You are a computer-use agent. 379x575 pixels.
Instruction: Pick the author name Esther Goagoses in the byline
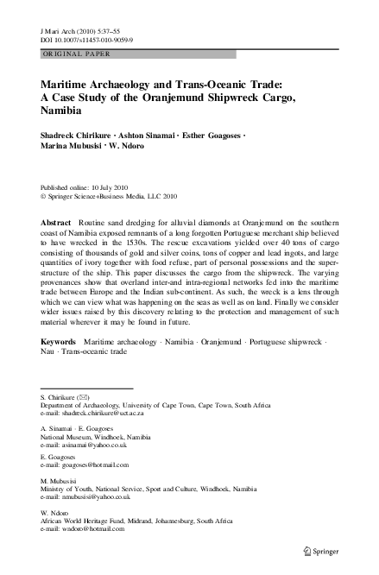tap(208, 136)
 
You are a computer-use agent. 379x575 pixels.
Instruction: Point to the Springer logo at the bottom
tap(325, 550)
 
